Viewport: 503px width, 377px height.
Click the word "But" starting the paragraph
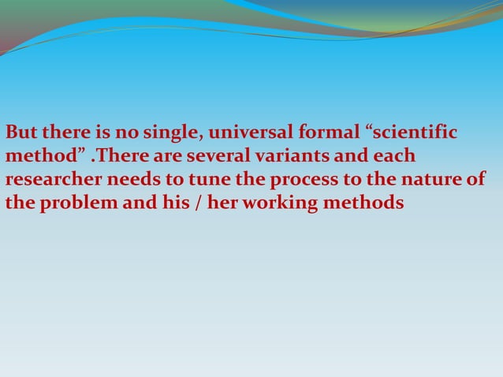[20, 130]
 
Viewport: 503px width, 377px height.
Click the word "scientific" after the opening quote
[412, 130]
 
